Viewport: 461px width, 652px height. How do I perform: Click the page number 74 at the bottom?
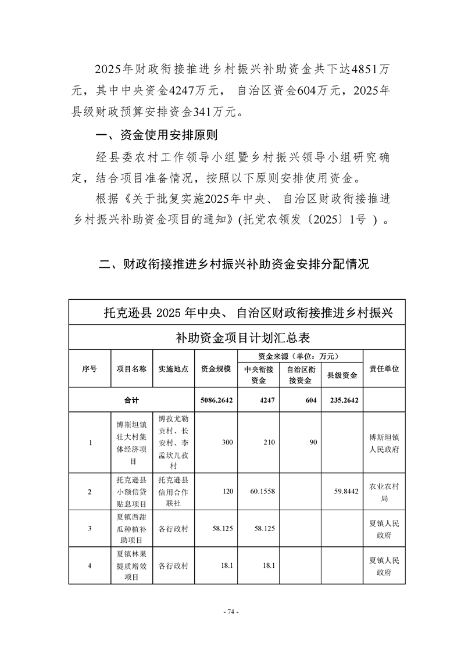231,612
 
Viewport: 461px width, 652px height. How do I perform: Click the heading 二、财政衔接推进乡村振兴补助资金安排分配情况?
234,264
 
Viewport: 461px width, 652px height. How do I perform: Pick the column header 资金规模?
216,368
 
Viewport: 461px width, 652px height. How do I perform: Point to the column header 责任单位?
384,368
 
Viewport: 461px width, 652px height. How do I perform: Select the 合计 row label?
131,400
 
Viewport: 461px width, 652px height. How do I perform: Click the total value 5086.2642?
216,400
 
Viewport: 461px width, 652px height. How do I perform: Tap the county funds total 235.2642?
341,400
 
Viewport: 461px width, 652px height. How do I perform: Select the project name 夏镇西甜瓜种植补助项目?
131,528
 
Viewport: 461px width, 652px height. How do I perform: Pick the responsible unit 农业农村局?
384,492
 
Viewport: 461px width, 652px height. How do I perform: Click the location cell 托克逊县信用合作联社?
173,492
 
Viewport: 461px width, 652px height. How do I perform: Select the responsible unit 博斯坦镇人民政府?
384,442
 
